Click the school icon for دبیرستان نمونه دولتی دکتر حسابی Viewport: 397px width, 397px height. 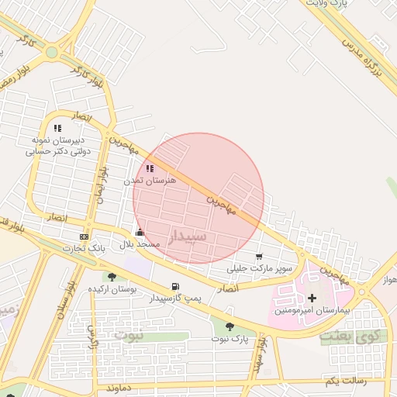pyautogui.click(x=57, y=128)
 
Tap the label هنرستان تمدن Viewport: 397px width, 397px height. pyautogui.click(x=150, y=180)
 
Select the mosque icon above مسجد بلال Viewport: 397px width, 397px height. pyautogui.click(x=140, y=232)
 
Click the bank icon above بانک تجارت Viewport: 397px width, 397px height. pyautogui.click(x=84, y=236)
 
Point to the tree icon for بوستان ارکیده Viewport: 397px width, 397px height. pyautogui.click(x=112, y=277)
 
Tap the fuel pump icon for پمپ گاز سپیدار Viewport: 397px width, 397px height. pyautogui.click(x=175, y=287)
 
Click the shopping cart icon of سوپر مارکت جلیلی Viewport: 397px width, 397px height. pyautogui.click(x=259, y=257)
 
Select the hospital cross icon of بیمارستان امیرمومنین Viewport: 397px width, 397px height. pyautogui.click(x=312, y=298)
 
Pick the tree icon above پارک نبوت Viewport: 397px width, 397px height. pyautogui.click(x=230, y=326)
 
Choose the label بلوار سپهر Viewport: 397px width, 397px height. pyautogui.click(x=259, y=354)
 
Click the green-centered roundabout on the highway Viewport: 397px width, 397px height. pyautogui.click(x=52, y=53)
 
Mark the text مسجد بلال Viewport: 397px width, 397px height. pyautogui.click(x=140, y=244)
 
